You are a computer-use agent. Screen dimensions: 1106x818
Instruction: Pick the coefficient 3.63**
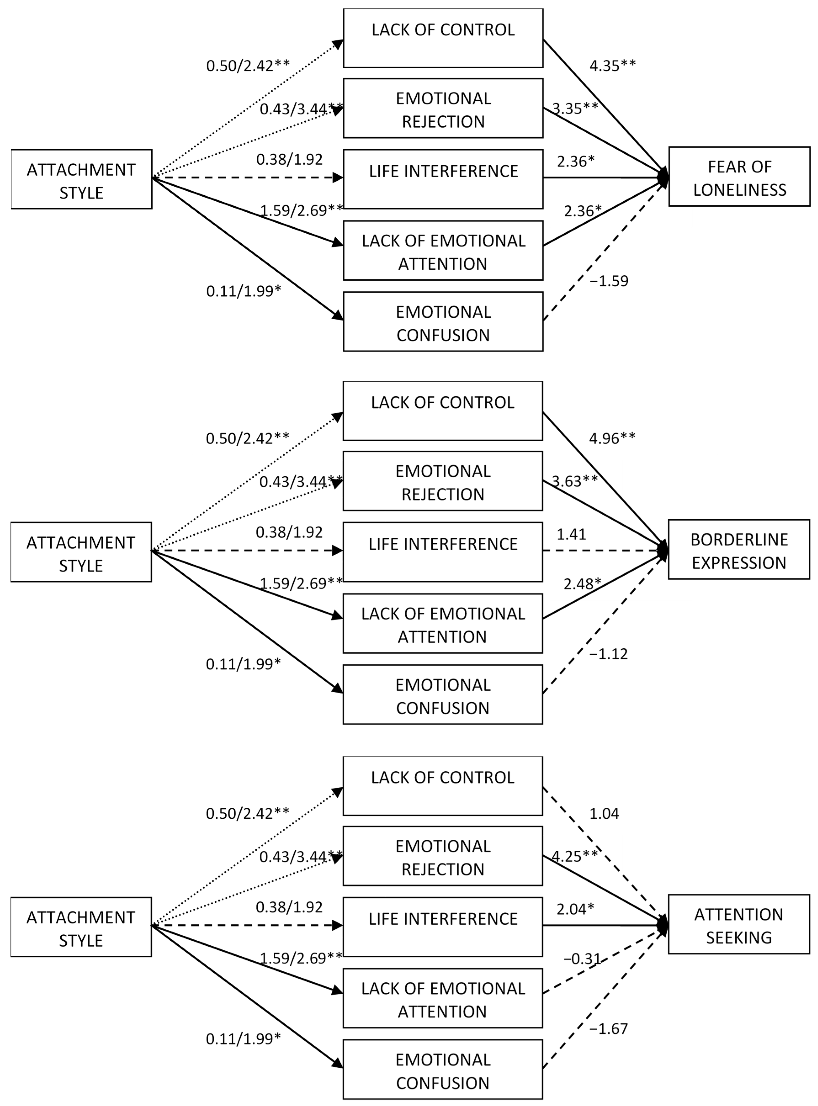coord(574,481)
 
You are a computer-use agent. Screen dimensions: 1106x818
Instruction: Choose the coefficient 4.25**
coord(574,856)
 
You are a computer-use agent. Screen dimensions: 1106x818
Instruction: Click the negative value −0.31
coord(582,959)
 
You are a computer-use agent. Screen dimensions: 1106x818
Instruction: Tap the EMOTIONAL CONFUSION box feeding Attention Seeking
coord(443,1071)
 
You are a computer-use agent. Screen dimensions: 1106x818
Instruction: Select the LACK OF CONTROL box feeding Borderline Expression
coord(443,411)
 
